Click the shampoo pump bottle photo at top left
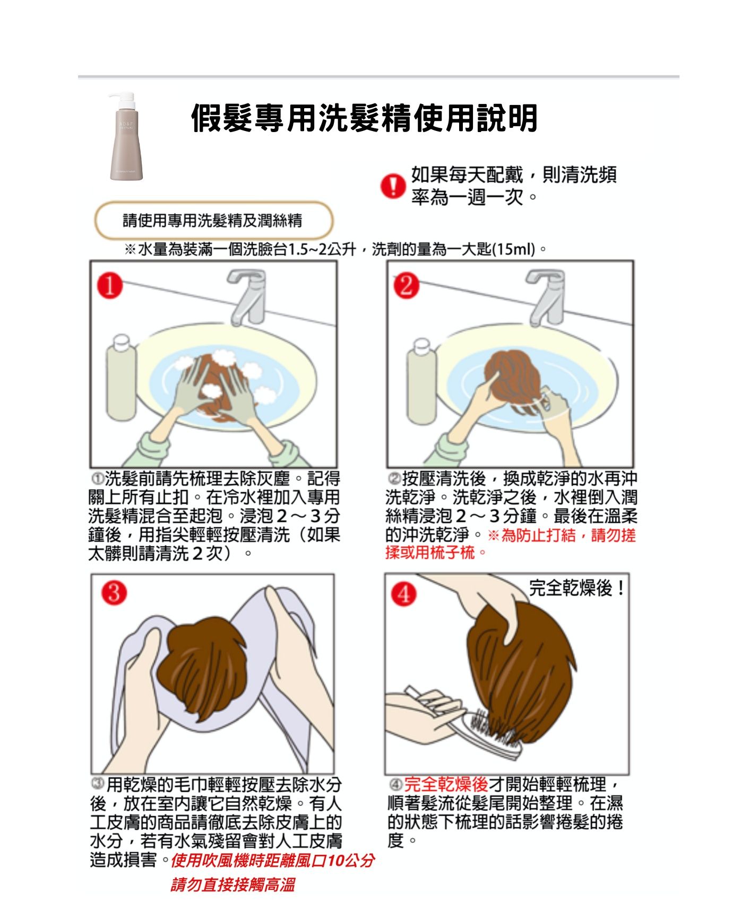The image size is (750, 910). coord(126,138)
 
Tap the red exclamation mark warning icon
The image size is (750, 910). coord(393,187)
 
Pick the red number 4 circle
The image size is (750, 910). coord(403,594)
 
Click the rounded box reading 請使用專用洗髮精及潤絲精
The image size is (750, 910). coord(213,220)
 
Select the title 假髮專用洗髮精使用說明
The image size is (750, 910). coord(364,118)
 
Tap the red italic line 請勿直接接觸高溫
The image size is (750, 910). coord(232,885)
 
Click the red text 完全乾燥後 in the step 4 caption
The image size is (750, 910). coord(446,784)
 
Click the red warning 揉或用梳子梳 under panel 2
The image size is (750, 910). coord(430,553)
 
